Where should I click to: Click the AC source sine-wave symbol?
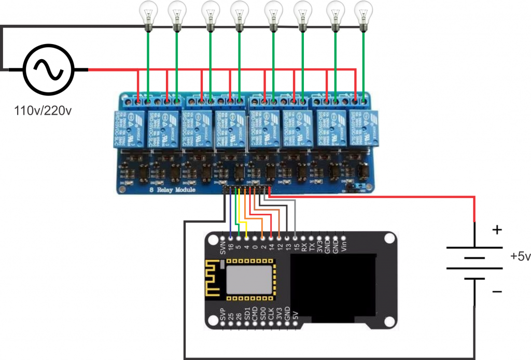47,70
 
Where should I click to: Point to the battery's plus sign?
497,229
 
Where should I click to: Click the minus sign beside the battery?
496,292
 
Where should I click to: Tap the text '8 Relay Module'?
172,190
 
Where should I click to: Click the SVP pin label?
222,314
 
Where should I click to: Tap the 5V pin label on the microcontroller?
295,315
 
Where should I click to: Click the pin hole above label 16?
230,237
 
